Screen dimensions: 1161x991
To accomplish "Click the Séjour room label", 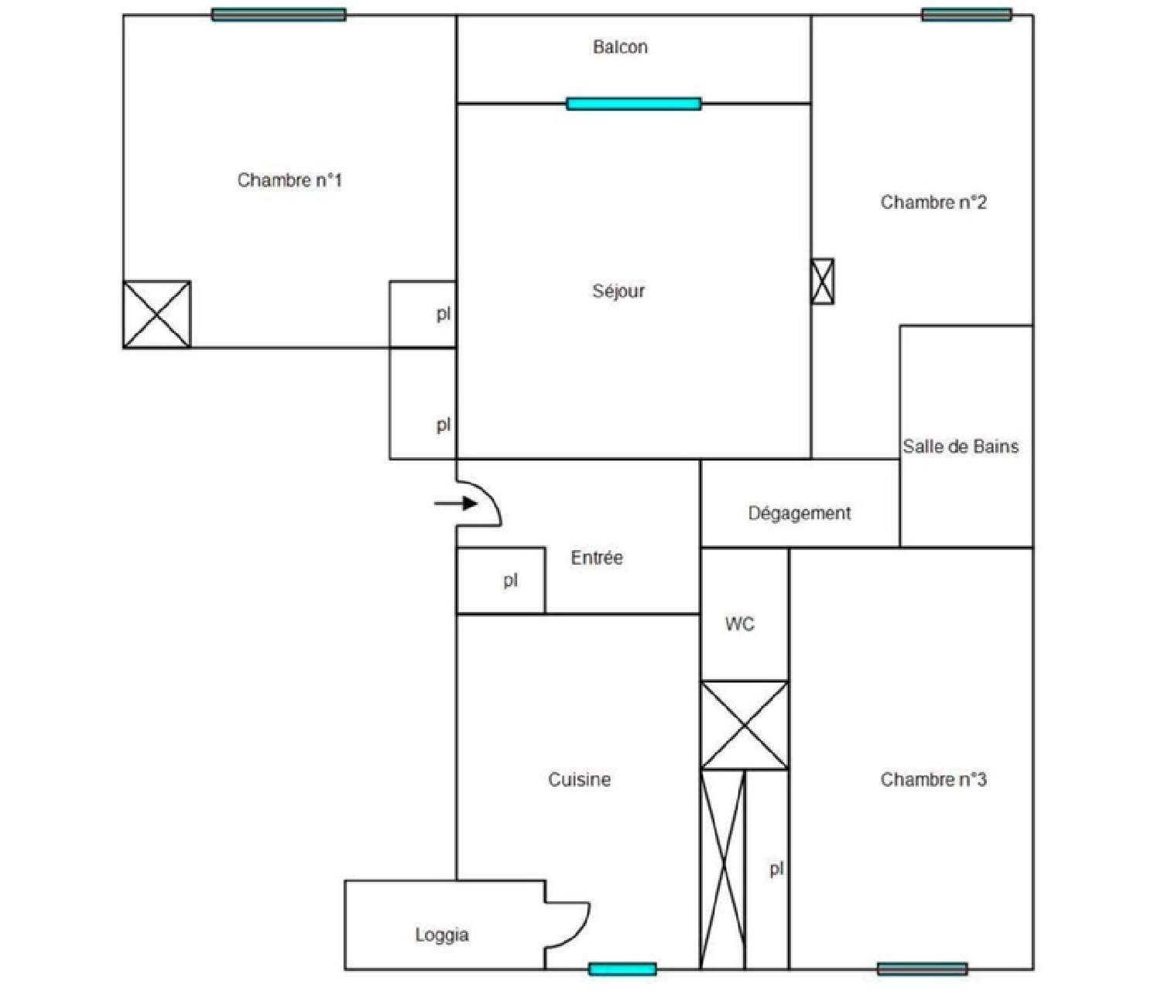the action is click(x=618, y=291).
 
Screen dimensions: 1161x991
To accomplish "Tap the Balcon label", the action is click(x=620, y=46).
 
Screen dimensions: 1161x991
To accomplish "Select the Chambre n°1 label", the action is click(x=289, y=180).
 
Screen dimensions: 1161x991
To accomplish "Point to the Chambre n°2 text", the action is click(x=933, y=202).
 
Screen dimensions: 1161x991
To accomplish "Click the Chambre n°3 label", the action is click(x=933, y=779).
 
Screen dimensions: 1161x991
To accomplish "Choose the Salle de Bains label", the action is click(x=961, y=446).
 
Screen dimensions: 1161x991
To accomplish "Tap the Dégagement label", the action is click(x=800, y=513).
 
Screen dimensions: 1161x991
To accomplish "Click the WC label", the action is click(x=740, y=624).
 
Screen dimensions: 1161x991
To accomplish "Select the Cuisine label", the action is click(x=579, y=779).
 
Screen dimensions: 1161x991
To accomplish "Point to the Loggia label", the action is click(x=441, y=935).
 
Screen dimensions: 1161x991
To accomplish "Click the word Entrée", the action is click(x=597, y=558).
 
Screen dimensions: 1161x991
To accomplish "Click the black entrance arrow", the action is click(x=456, y=504).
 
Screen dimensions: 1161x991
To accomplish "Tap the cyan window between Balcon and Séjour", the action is click(x=634, y=104).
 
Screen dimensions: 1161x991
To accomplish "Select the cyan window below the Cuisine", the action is click(x=622, y=969).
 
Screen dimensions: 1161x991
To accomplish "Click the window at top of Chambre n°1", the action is click(x=279, y=15).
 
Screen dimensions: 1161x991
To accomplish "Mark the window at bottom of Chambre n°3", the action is click(x=923, y=969).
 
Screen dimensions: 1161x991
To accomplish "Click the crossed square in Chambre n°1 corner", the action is click(x=156, y=314).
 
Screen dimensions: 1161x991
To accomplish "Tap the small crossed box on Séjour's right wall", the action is click(x=822, y=282).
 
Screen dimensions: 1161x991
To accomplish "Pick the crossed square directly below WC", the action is click(x=745, y=726).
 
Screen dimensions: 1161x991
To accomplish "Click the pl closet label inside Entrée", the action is click(x=510, y=581).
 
